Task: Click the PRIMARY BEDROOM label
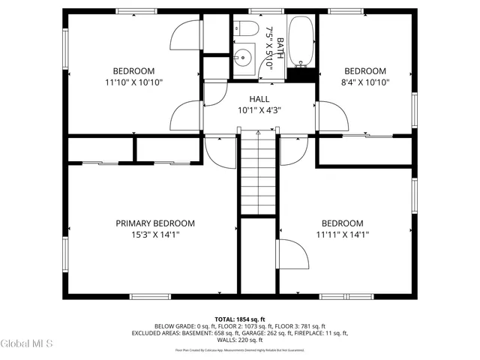tap(155, 223)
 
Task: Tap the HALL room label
tap(259, 99)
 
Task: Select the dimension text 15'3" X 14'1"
tap(155, 235)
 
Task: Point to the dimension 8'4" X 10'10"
tap(365, 82)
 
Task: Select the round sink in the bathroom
tap(244, 57)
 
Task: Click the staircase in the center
tap(259, 176)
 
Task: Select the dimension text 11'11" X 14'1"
tap(342, 235)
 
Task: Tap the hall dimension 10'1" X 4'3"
tap(259, 110)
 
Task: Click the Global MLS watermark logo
tap(27, 343)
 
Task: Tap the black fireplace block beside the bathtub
tap(302, 74)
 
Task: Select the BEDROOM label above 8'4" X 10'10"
tap(365, 71)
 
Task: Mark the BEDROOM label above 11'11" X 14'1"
tap(342, 223)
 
